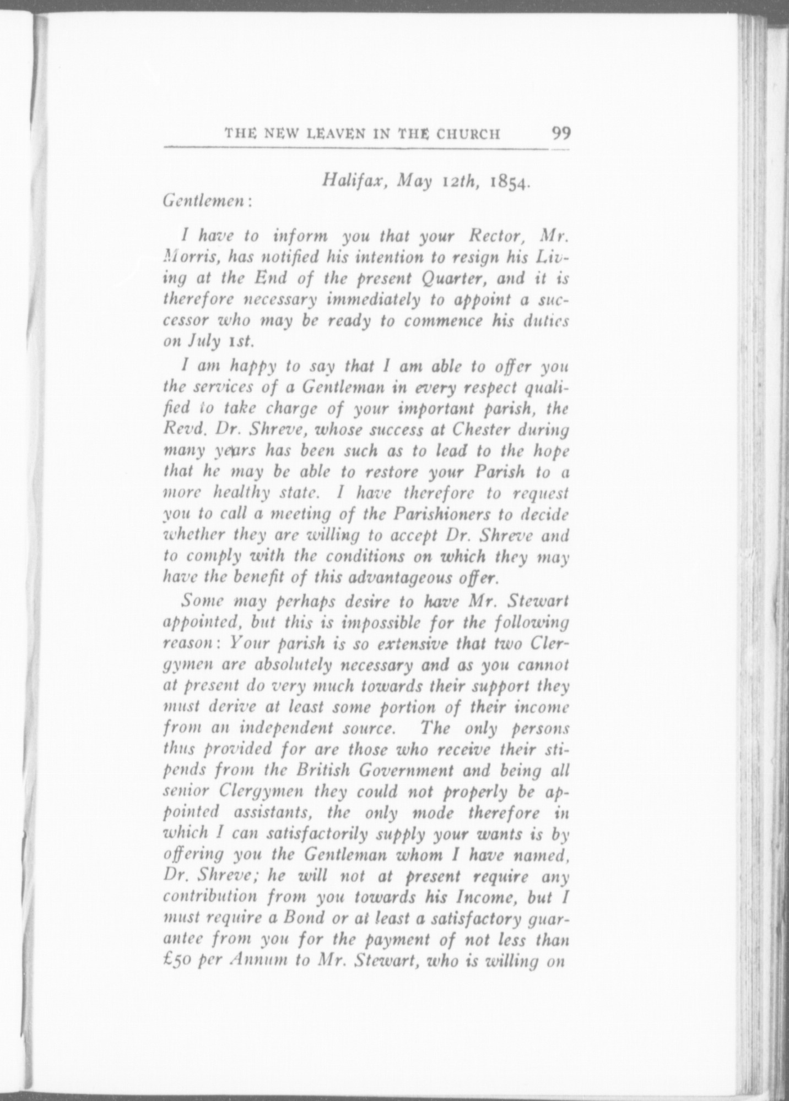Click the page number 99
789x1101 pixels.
(558, 133)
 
